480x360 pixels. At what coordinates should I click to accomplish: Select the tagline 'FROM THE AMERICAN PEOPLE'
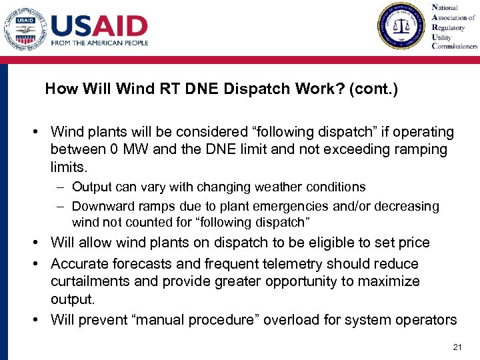99,43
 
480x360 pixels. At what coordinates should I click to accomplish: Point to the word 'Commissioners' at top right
455,47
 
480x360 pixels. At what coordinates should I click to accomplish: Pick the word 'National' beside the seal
445,8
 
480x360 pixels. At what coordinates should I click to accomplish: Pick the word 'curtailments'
90,281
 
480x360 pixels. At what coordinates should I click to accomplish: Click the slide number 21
457,347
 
